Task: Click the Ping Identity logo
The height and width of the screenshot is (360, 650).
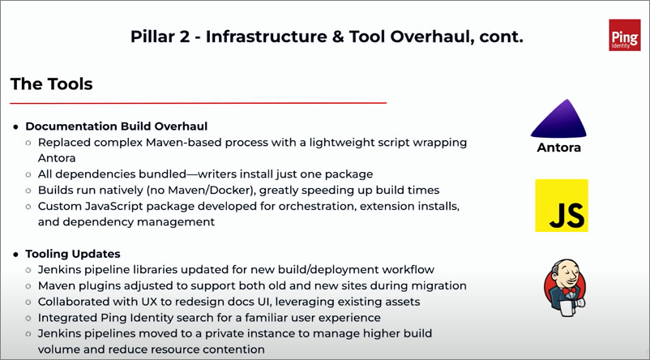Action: click(625, 35)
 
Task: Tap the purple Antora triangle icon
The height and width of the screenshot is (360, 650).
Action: click(558, 119)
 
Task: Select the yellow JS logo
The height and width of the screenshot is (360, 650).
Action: click(562, 205)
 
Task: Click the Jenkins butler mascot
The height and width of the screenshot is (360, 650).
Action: click(565, 288)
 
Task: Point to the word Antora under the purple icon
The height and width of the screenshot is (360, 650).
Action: click(558, 148)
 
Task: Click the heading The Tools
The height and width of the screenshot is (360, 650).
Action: click(51, 84)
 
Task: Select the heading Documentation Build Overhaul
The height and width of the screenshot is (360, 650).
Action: click(117, 126)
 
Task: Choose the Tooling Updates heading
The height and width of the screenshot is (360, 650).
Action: click(73, 254)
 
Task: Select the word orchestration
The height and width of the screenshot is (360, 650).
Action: click(317, 206)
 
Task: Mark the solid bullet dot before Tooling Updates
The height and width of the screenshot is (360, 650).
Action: click(16, 255)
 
